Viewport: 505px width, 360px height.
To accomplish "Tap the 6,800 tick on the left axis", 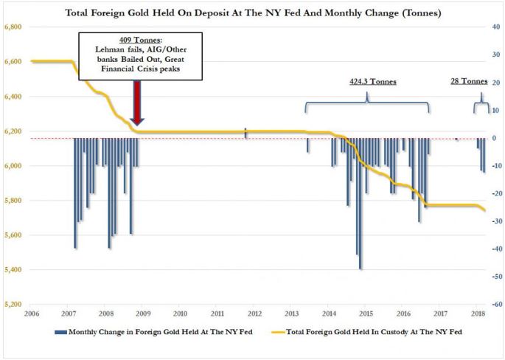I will tap(13, 27).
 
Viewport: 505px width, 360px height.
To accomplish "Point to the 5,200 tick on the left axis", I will tap(13, 304).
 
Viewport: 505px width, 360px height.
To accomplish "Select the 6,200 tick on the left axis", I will tap(13, 131).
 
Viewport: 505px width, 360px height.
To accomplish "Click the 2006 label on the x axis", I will tap(31, 314).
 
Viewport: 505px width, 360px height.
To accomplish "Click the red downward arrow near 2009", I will tap(137, 103).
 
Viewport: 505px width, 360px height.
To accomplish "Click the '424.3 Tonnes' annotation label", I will tap(373, 82).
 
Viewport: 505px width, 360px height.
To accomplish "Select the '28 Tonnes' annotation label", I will tap(469, 82).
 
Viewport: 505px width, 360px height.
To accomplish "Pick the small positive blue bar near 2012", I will tap(245, 133).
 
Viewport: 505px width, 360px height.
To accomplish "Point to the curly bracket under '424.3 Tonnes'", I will tap(367, 103).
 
